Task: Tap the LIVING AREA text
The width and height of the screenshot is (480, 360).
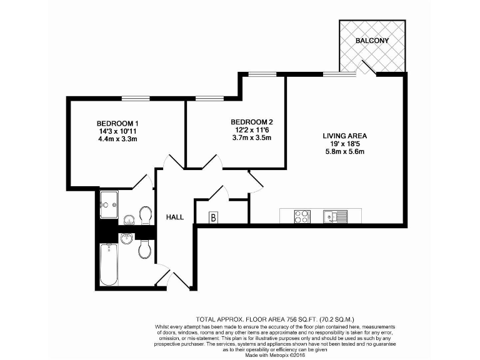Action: point(344,136)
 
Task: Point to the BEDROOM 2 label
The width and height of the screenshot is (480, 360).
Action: point(252,122)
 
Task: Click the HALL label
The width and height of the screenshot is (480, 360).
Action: point(174,217)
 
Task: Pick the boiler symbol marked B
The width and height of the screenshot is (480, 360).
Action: point(213,217)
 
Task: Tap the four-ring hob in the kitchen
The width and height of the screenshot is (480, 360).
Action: point(302,217)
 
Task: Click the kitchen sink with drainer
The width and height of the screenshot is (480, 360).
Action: point(335,217)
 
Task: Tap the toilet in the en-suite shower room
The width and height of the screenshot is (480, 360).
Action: point(146,216)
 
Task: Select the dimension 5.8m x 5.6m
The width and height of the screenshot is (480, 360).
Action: point(344,152)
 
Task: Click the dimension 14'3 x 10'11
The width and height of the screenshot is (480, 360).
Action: point(117,131)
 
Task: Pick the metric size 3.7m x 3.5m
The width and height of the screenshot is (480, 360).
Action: point(252,138)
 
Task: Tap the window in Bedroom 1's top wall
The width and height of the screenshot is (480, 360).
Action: point(136,98)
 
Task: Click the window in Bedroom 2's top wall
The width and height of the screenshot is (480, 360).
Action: point(209,98)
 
